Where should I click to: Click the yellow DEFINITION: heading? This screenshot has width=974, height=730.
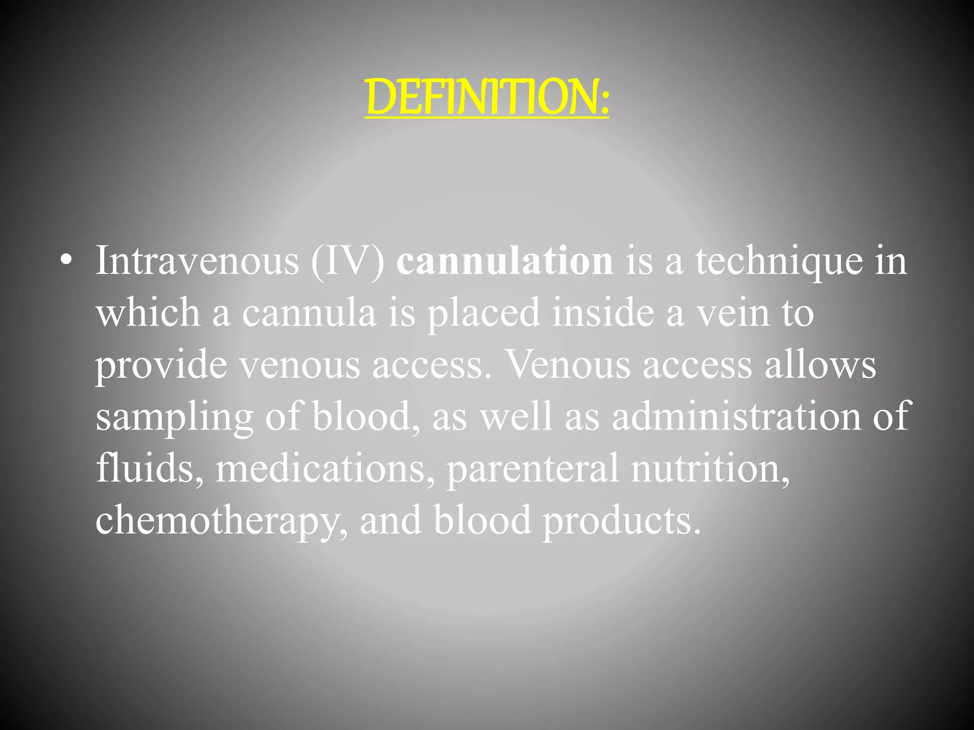[x=487, y=97]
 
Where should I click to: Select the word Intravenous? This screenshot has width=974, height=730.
[x=197, y=261]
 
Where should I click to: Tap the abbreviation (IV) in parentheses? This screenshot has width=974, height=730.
[x=348, y=261]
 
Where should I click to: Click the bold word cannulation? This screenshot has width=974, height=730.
[x=505, y=261]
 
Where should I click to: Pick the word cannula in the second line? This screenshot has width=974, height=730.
[x=309, y=313]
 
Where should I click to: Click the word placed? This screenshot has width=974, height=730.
[x=483, y=313]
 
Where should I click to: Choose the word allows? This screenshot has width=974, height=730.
[x=820, y=365]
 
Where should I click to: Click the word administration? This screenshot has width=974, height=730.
[x=736, y=416]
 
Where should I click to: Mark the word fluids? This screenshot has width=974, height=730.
[x=145, y=468]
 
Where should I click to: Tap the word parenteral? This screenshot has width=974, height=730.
[x=533, y=469]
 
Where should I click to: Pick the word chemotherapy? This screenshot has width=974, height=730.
[x=218, y=521]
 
